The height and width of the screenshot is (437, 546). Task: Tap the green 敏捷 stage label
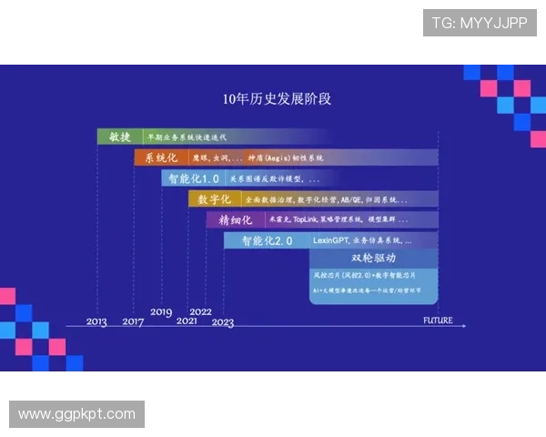coord(119,137)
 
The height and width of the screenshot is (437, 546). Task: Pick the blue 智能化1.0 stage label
coord(191,178)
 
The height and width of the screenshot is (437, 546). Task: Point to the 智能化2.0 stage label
coord(267,241)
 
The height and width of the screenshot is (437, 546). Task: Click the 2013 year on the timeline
coord(96,322)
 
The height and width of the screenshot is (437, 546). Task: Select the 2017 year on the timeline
coord(133,322)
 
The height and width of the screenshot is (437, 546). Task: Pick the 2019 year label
coord(161,312)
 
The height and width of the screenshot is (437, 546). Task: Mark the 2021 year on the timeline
coord(187,322)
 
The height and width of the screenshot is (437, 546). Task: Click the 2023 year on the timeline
coord(223,322)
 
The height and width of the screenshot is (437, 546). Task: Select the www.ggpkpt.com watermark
coord(76,414)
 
